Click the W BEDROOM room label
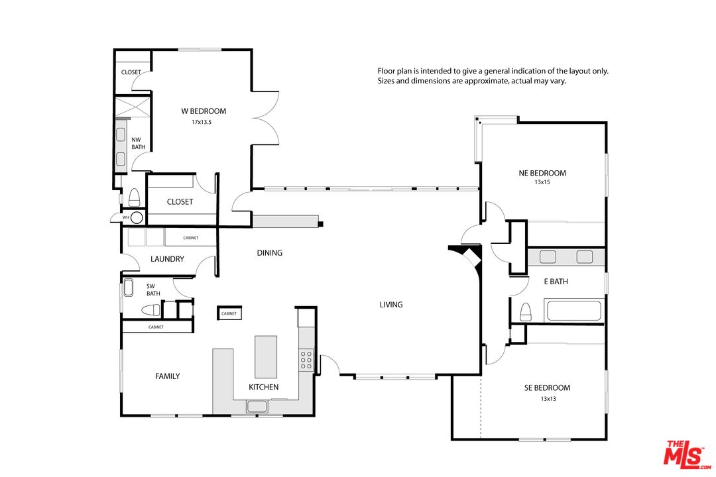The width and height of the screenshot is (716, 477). pyautogui.click(x=204, y=111)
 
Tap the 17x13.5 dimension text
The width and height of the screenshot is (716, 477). pyautogui.click(x=202, y=123)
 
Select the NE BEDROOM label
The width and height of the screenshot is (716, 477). pyautogui.click(x=542, y=173)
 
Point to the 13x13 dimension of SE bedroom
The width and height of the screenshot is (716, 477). pyautogui.click(x=548, y=398)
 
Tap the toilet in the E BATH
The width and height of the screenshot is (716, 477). pyautogui.click(x=526, y=312)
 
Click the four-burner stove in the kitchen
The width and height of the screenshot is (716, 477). pyautogui.click(x=306, y=360)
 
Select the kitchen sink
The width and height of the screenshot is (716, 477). pyautogui.click(x=257, y=406)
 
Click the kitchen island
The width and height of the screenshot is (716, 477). pyautogui.click(x=266, y=357)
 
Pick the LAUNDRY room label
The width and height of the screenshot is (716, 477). pyautogui.click(x=167, y=259)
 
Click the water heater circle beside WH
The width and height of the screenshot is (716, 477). pyautogui.click(x=137, y=218)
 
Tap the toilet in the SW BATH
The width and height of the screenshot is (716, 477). pyautogui.click(x=150, y=311)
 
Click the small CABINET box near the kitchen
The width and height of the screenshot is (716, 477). pyautogui.click(x=229, y=313)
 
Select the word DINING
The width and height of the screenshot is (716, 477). pyautogui.click(x=269, y=252)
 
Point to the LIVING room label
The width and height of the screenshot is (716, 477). pyautogui.click(x=391, y=305)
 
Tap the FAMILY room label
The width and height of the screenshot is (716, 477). pyautogui.click(x=168, y=376)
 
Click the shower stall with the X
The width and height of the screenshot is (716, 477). pyautogui.click(x=132, y=107)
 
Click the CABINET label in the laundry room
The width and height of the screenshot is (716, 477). pyautogui.click(x=191, y=238)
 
